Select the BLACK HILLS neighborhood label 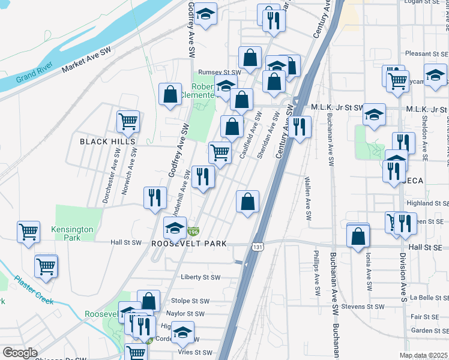[108, 142]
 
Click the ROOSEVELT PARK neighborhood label [189, 244]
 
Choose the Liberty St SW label [200, 277]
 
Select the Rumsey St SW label [219, 72]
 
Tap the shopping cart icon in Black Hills [128, 121]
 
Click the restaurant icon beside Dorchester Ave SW [155, 197]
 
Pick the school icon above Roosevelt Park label [175, 228]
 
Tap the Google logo [20, 353]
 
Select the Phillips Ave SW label [316, 277]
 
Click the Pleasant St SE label [427, 53]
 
